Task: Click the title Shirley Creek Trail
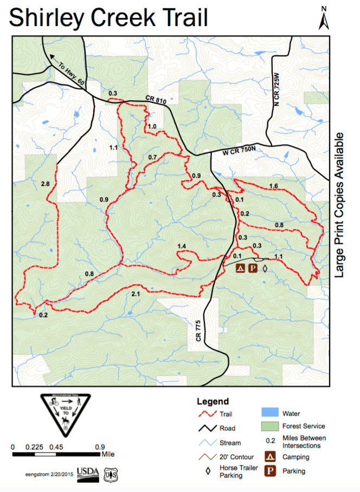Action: (x=108, y=17)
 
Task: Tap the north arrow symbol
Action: (x=324, y=17)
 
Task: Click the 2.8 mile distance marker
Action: (x=45, y=184)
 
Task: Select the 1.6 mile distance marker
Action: (x=273, y=186)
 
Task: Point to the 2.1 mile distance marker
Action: (x=137, y=294)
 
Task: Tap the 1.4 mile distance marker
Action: (x=182, y=247)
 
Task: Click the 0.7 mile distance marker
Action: (x=152, y=158)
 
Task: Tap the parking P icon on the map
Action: (x=253, y=268)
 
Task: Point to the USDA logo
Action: (x=87, y=473)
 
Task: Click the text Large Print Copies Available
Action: (x=340, y=205)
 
